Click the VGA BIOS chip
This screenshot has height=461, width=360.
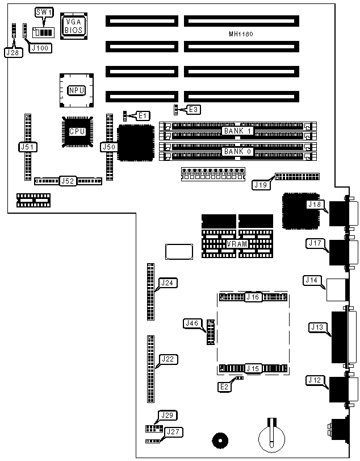tap(74, 24)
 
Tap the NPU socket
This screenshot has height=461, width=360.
tap(76, 90)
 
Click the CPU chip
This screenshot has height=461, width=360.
tap(77, 131)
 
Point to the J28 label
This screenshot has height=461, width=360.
tap(12, 52)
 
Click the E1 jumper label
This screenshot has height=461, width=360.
tap(143, 115)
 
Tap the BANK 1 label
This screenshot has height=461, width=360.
tap(238, 131)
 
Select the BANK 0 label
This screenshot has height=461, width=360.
tap(238, 152)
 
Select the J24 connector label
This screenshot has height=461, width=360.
tap(167, 282)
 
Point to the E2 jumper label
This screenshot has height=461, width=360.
tap(225, 386)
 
